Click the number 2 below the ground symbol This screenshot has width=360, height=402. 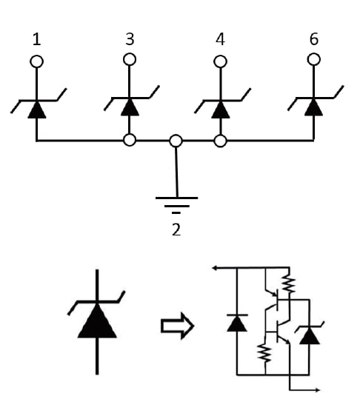point(176,230)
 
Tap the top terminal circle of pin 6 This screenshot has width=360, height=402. point(313,59)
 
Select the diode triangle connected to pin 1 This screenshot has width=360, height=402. point(36,109)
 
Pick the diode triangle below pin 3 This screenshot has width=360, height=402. point(130,107)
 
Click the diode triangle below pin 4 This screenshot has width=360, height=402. point(220,108)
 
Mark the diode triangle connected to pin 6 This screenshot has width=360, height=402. point(313,107)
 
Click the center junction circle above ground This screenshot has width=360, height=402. point(176,141)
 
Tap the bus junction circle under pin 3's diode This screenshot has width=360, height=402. point(130,140)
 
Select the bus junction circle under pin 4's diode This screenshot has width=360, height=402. point(220,140)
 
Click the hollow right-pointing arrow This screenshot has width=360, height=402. point(177,326)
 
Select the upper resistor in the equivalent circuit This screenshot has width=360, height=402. point(289,283)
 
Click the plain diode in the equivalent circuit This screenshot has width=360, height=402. point(236,322)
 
